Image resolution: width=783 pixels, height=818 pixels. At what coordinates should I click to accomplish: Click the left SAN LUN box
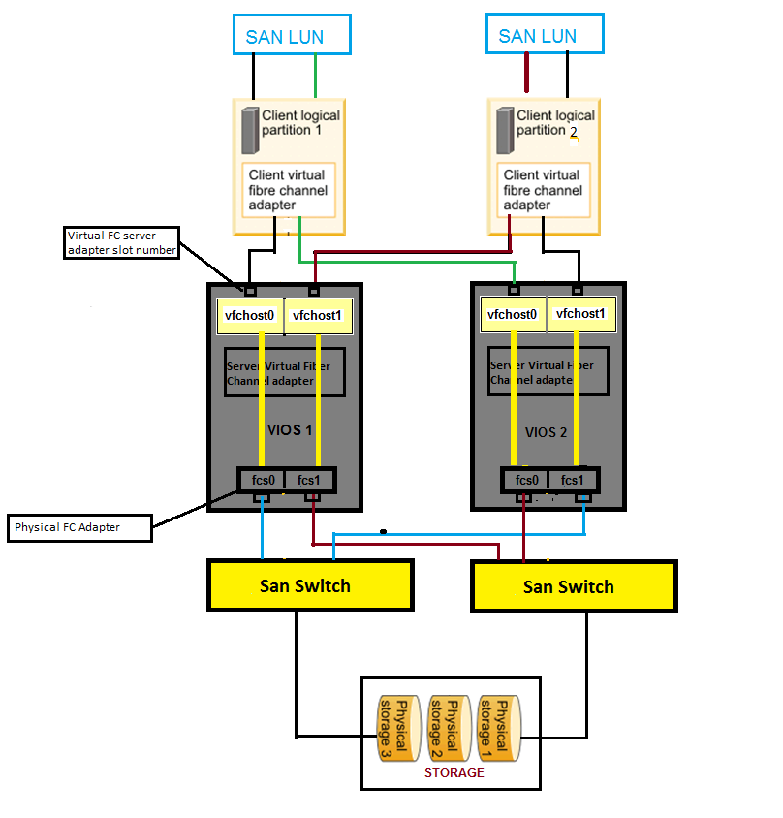(x=292, y=36)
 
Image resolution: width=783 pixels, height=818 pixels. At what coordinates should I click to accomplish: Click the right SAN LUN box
(x=544, y=36)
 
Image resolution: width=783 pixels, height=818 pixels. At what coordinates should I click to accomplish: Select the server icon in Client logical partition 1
(x=249, y=130)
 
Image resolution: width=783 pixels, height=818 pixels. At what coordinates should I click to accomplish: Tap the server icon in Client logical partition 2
(x=504, y=130)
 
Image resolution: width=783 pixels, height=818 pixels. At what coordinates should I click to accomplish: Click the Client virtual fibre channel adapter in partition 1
(x=288, y=190)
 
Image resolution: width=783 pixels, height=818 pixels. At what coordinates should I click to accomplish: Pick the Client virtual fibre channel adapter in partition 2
(x=542, y=190)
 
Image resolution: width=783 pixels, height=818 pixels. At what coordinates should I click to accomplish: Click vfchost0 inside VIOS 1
(x=249, y=315)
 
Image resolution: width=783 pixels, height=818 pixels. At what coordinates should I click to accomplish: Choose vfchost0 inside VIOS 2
(x=512, y=314)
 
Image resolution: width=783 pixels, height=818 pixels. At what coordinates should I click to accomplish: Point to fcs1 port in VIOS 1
(x=309, y=480)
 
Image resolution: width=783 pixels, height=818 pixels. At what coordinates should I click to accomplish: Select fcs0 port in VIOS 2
(x=525, y=480)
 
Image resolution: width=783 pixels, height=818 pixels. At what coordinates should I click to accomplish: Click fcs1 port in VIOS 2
(x=573, y=480)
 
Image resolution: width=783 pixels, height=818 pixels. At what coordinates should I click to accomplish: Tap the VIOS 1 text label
(x=288, y=429)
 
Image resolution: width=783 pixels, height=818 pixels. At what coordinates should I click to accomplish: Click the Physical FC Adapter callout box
(x=79, y=529)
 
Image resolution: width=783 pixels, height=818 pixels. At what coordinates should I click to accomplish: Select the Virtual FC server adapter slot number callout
(x=122, y=242)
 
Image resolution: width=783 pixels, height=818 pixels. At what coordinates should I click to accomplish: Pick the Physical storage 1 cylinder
(x=498, y=728)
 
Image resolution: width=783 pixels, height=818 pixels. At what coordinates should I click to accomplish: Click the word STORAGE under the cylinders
(x=454, y=772)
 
